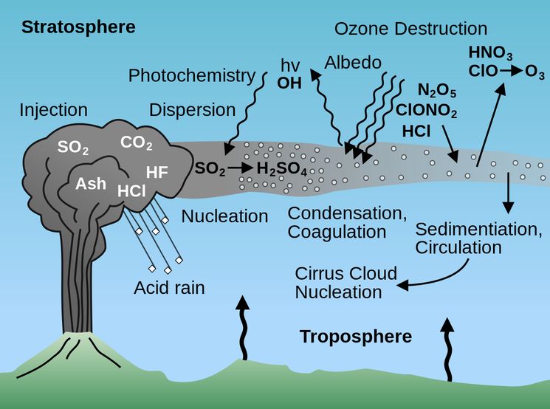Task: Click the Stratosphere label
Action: click(x=78, y=28)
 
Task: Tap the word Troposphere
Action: click(x=355, y=337)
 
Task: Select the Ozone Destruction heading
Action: click(x=410, y=30)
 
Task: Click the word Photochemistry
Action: click(x=192, y=75)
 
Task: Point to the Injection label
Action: click(x=53, y=111)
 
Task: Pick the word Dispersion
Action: click(x=193, y=111)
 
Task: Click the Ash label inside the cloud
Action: click(x=92, y=184)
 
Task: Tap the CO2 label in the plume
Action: click(x=136, y=142)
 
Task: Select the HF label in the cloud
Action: click(x=157, y=173)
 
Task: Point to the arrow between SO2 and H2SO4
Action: click(x=241, y=168)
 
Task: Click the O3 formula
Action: click(x=535, y=72)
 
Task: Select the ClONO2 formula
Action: click(x=426, y=112)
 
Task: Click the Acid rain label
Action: click(x=169, y=287)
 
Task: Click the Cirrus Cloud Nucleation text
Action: click(x=346, y=283)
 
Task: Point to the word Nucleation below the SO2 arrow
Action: click(x=224, y=216)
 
